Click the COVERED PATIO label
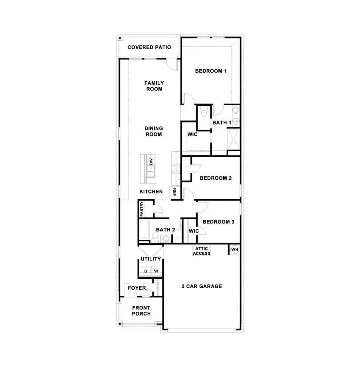coord(149,47)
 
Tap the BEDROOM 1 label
coord(211,71)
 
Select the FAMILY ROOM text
coord(154,86)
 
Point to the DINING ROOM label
coord(154,132)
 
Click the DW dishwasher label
coord(151,162)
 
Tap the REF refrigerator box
coord(174,192)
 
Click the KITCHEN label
coord(151,192)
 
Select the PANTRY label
coord(142,209)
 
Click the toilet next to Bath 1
coord(203,112)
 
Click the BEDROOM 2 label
coord(216,178)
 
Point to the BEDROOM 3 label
coord(218,222)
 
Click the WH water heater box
coord(234,250)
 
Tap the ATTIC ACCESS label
coord(202,251)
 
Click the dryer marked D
coord(146,271)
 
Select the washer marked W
coord(156,271)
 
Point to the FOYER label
coord(136,288)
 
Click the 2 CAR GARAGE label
coord(202,286)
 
